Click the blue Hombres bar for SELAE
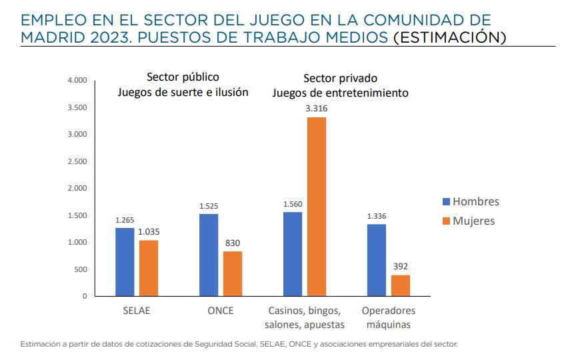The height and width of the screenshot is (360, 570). point(125,262)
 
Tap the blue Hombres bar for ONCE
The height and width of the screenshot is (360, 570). point(209,255)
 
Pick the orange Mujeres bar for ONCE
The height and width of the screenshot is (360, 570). point(233,273)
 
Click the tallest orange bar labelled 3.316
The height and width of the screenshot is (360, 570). point(317,207)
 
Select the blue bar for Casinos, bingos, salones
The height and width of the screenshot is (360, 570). point(293,254)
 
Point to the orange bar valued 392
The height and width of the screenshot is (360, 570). point(401,285)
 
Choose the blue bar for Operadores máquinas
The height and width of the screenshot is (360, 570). point(377,260)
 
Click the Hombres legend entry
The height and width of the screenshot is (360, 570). point(470,202)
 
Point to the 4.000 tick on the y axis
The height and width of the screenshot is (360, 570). point(77,81)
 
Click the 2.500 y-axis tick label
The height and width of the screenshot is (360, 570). point(77,161)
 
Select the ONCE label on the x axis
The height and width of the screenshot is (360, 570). point(221,311)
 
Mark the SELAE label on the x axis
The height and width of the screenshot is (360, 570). point(137,311)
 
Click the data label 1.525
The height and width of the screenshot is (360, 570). point(209,206)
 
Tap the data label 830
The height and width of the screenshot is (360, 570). point(233,244)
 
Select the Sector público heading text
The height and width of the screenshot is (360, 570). point(183,77)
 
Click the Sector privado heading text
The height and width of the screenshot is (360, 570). point(340,77)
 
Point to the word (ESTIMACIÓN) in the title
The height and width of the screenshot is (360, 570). point(449,37)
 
